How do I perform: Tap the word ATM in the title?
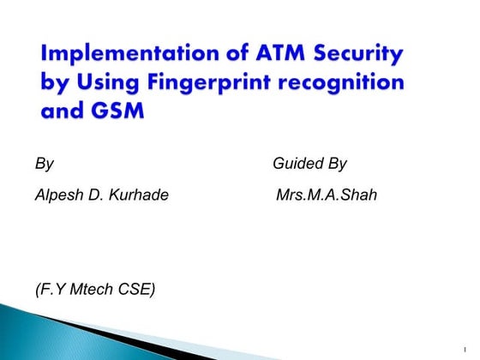(x=274, y=56)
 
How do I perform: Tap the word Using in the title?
(x=107, y=86)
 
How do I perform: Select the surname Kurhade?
(x=137, y=196)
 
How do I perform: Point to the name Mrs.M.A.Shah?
(x=327, y=196)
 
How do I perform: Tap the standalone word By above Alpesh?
(x=45, y=164)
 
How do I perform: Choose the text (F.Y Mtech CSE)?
(x=95, y=290)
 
